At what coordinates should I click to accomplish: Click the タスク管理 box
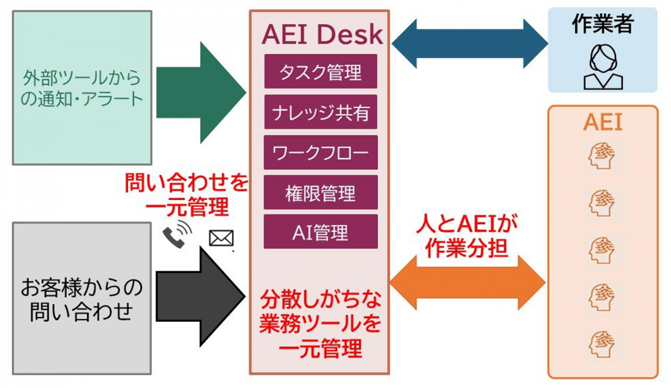pos(320,71)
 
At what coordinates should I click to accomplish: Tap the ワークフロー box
pos(320,152)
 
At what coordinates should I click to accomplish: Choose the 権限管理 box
pos(320,192)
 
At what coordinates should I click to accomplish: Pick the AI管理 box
pos(320,232)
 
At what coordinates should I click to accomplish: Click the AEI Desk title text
pos(322,35)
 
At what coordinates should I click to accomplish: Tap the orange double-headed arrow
pos(468,282)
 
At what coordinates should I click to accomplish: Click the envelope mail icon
pos(221,238)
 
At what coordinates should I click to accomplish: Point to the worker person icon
pos(602,65)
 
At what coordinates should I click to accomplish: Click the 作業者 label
pos(602,24)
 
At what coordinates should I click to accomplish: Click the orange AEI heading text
pos(603,123)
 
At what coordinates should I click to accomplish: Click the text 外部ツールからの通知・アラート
pos(82,88)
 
